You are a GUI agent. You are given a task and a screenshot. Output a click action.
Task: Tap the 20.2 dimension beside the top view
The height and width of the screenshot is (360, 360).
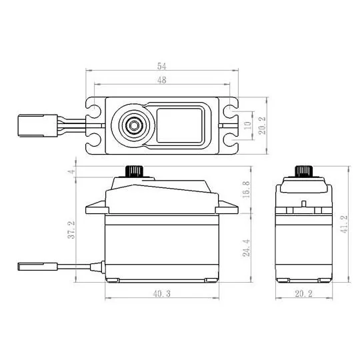pos(262,125)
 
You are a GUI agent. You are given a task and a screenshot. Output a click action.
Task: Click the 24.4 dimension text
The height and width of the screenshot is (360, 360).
pos(247,248)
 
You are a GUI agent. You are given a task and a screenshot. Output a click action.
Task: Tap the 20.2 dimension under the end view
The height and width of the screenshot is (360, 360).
pos(305,294)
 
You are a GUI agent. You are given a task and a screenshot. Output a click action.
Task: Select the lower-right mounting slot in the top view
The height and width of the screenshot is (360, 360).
pos(231,141)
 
